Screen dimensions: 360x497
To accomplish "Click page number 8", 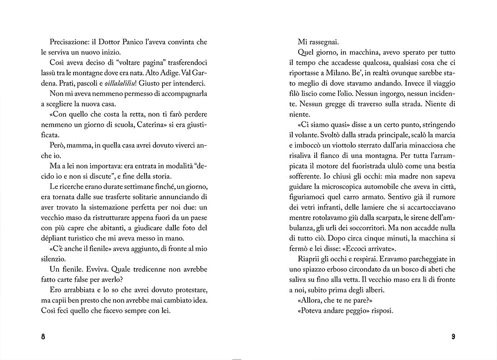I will coord(43,336).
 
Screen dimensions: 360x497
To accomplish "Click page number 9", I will coord(453,336).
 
